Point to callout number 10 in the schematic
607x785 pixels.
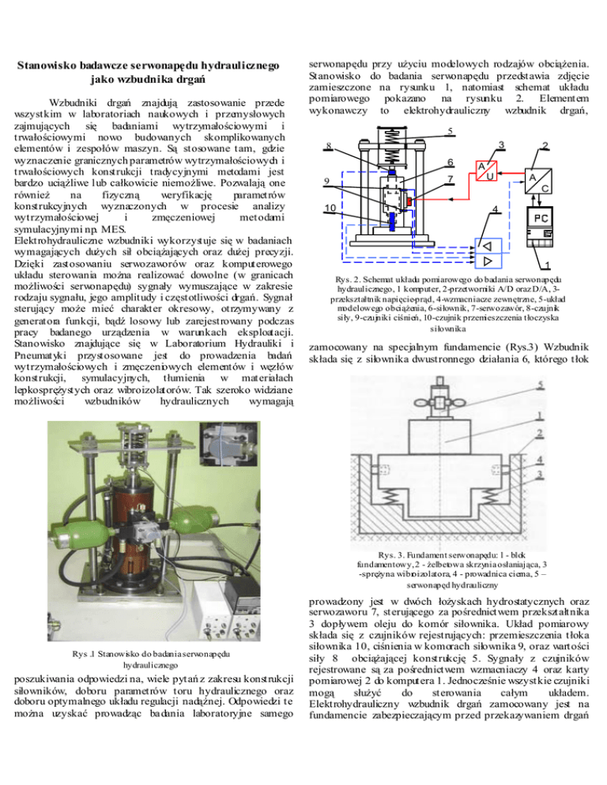[330, 208]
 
